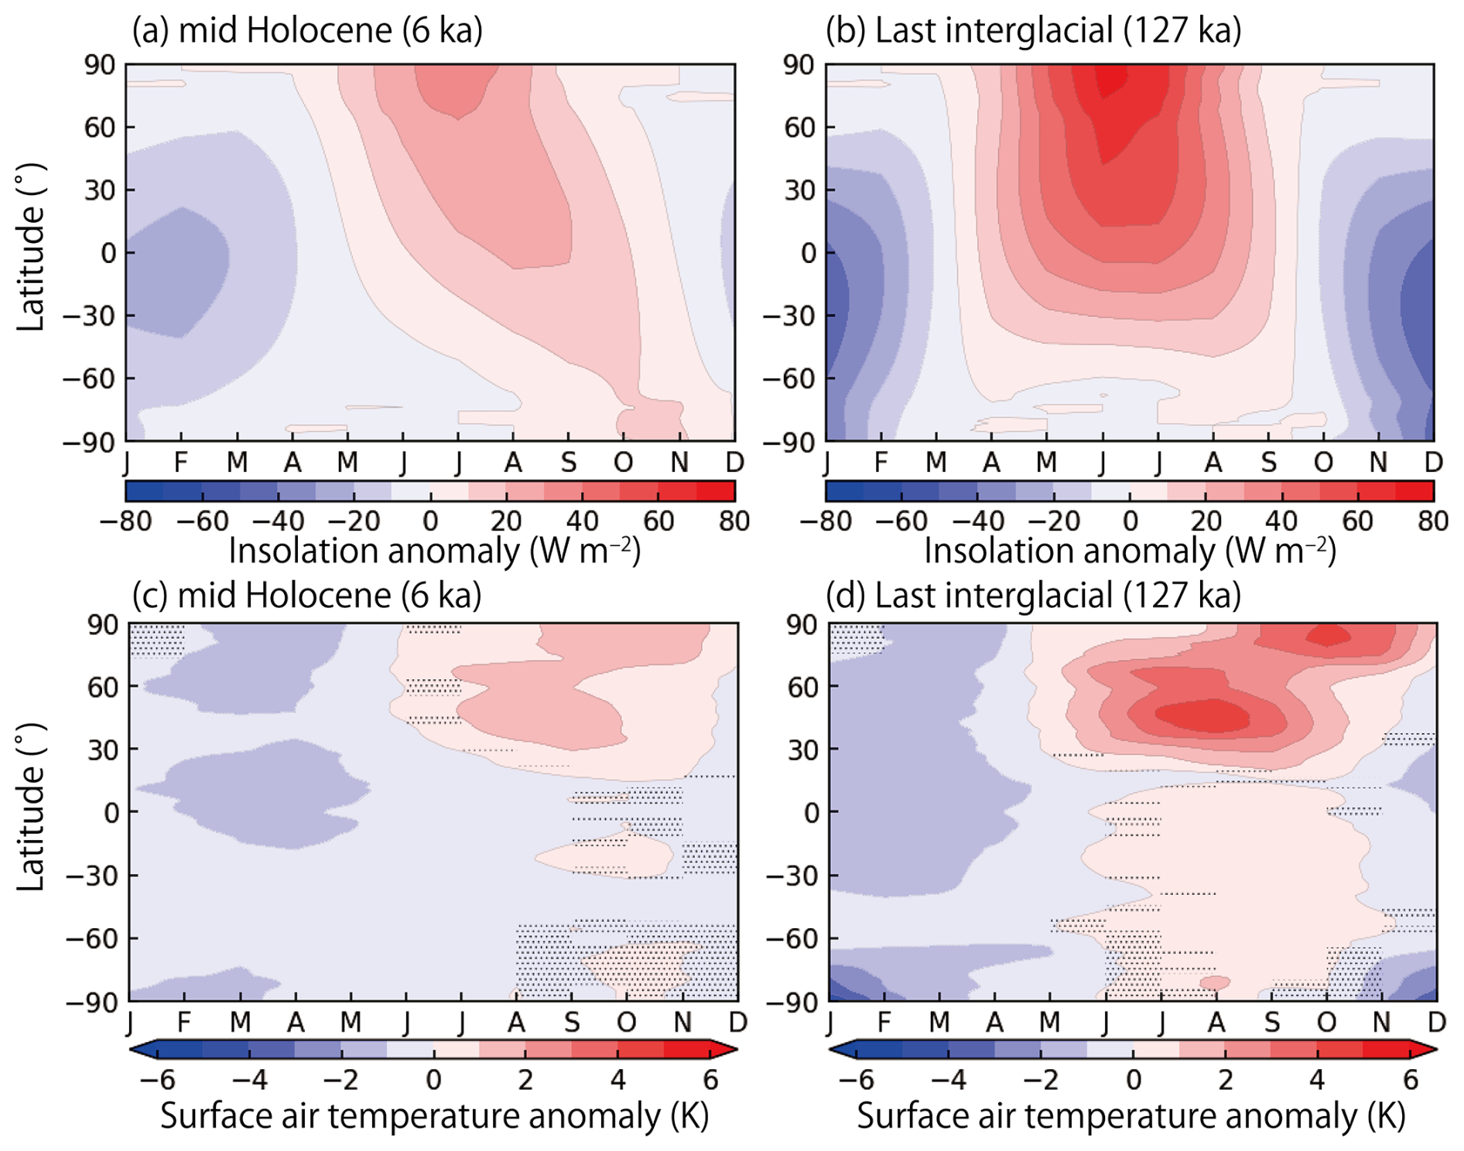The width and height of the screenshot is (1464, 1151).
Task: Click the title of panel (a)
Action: (307, 31)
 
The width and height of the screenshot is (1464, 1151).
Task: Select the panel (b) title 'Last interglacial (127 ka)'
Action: (1033, 31)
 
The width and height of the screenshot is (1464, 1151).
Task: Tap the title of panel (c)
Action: (307, 596)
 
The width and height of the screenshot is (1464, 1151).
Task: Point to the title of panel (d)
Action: (1033, 596)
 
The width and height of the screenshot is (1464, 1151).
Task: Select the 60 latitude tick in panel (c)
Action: (102, 686)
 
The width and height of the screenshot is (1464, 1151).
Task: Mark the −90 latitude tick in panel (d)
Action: (791, 1002)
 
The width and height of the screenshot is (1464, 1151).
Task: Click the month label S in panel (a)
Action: (569, 463)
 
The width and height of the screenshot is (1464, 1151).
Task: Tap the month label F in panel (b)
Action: (881, 463)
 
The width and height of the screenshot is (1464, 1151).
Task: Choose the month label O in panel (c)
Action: (627, 1023)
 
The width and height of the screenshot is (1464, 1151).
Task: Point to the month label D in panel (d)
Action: (1436, 1023)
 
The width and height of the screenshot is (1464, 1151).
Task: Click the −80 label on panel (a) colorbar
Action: (126, 521)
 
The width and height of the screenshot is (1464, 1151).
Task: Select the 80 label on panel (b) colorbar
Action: (1433, 521)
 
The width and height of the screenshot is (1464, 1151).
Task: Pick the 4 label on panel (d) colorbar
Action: (1317, 1080)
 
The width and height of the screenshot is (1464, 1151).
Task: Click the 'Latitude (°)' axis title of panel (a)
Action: (31, 248)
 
